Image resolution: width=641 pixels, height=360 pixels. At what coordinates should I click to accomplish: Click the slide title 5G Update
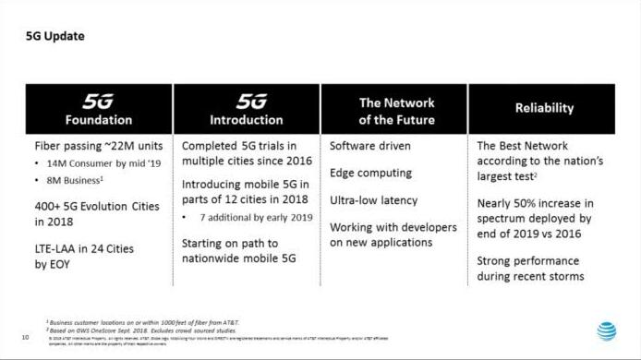tap(55, 37)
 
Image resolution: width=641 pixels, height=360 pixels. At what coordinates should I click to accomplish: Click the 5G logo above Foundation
tap(98, 101)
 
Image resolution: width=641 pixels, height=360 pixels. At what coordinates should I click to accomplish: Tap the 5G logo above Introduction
tap(246, 101)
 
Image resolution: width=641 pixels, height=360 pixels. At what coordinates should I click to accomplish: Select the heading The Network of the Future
tap(394, 111)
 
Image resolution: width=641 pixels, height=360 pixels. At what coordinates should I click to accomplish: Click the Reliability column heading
tap(544, 108)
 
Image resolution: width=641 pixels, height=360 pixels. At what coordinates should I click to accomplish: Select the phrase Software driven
tap(369, 146)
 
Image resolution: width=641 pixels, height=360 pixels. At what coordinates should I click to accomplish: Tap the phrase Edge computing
tap(370, 173)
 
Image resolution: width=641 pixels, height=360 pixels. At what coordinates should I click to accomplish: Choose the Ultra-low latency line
tap(373, 199)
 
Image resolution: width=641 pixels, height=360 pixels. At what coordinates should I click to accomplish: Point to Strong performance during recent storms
tap(530, 269)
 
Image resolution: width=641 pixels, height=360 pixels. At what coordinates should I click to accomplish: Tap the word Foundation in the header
tap(98, 120)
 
